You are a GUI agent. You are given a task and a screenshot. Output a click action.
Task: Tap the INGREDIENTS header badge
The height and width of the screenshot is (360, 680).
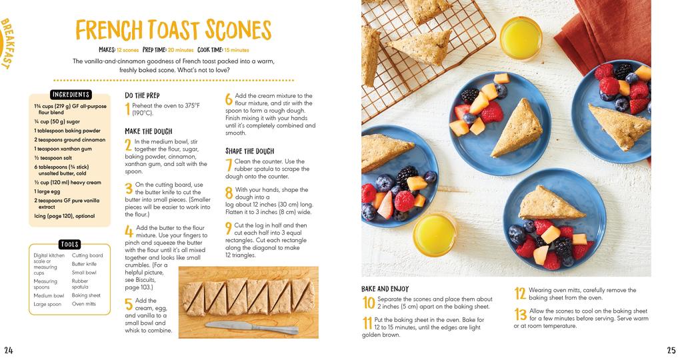pos(71,95)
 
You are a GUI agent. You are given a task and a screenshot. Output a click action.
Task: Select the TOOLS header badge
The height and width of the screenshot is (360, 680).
pos(69,245)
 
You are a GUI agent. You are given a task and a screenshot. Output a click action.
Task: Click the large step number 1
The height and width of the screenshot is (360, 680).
pos(127,109)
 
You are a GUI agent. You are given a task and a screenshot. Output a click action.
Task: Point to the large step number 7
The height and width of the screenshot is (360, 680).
pos(229,164)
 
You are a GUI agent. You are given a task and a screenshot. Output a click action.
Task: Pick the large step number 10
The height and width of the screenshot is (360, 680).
pos(369,303)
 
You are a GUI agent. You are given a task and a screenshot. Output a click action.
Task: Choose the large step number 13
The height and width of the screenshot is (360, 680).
pos(521,315)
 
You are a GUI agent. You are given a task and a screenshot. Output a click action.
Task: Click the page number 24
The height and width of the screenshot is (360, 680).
pos(8,351)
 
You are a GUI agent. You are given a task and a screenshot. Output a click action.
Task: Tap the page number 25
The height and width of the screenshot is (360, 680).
pos(671,351)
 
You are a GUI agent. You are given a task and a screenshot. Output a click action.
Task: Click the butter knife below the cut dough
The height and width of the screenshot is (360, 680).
pos(251,327)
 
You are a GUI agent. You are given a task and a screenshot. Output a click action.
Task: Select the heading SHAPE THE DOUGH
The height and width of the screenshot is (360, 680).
pos(249,151)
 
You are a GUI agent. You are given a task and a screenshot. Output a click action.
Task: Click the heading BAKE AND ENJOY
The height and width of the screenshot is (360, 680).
pos(385,289)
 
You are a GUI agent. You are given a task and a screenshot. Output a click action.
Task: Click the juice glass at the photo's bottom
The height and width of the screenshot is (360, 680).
pos(435,233)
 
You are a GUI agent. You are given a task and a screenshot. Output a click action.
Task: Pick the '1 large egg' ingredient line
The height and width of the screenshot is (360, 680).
pos(47,191)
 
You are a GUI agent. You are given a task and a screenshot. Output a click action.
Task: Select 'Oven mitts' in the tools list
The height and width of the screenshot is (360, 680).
pos(84,304)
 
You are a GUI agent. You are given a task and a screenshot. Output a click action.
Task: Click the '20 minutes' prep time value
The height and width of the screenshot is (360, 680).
pos(180,50)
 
